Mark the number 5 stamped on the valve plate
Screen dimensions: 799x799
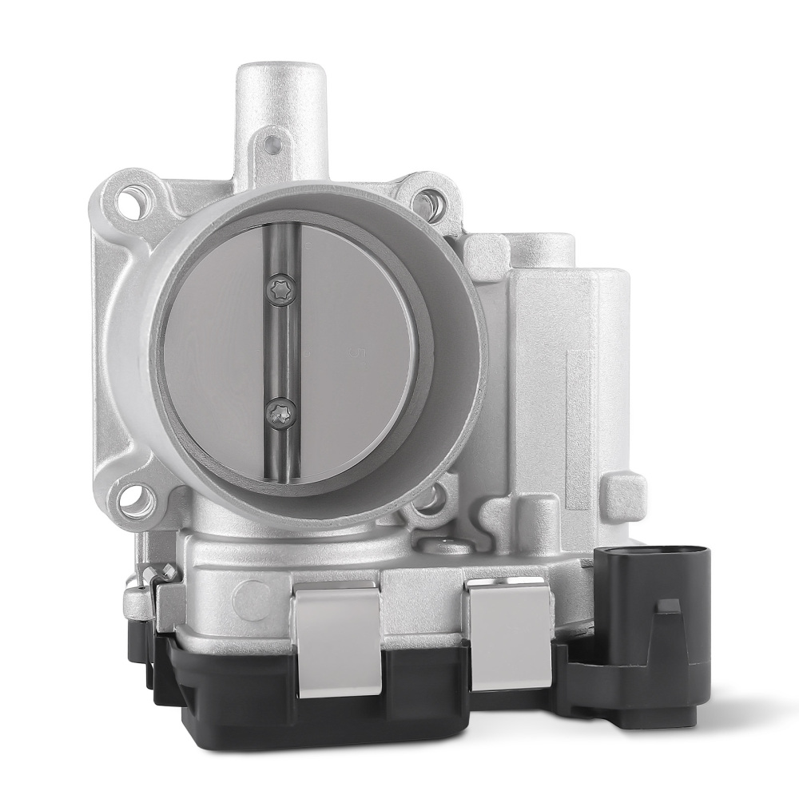[356, 351]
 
